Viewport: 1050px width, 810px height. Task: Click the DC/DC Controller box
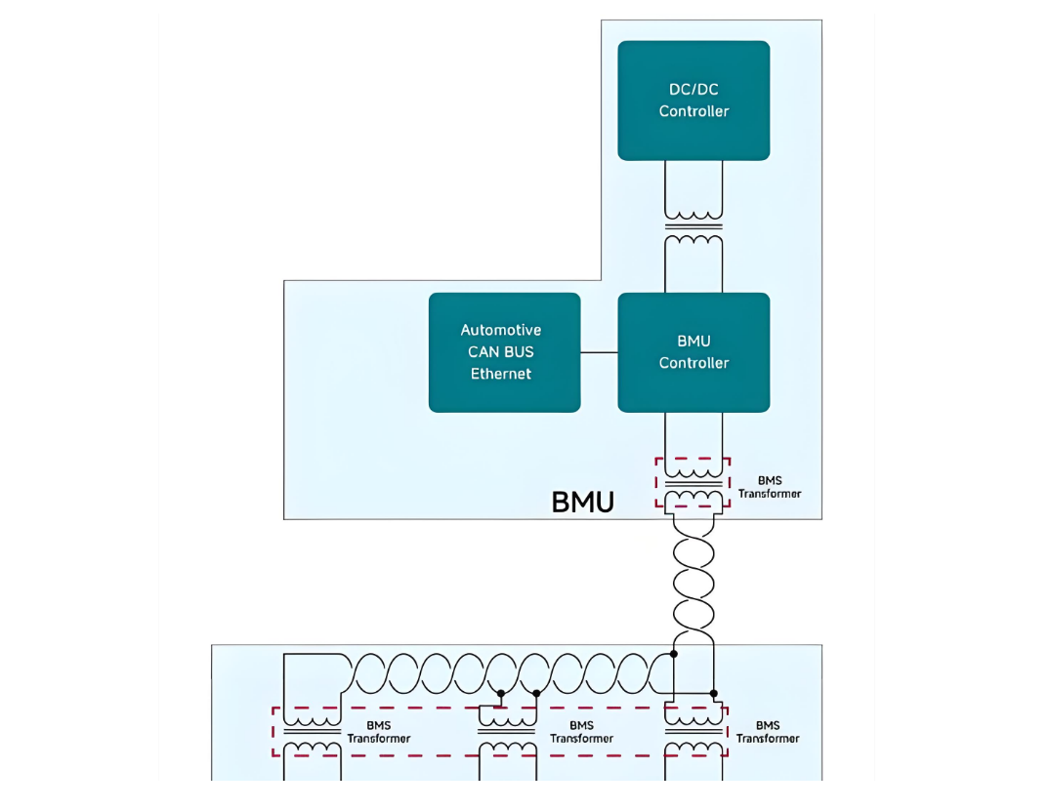693,101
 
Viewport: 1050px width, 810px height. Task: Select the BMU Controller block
693,352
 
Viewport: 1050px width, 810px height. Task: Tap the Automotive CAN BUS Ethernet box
504,352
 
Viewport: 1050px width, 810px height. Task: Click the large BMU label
582,503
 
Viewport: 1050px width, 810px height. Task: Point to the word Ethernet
501,373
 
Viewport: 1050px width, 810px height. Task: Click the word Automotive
501,330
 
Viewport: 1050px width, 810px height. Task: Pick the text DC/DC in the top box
693,89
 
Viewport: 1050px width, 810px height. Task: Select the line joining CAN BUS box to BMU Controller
599,352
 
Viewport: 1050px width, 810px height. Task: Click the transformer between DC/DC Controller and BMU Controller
693,227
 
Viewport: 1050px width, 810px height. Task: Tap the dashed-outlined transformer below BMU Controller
693,483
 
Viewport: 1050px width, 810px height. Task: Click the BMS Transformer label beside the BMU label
770,487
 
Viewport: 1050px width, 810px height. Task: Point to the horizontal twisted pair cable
510,673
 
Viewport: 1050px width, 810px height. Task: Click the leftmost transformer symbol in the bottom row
312,732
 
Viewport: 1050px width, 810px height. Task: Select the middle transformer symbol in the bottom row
508,732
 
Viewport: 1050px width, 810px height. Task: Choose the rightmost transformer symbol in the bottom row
693,732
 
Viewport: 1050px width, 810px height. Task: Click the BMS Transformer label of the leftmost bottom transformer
378,732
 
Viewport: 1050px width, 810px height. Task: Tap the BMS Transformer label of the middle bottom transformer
581,732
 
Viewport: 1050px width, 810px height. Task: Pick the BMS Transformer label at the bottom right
768,732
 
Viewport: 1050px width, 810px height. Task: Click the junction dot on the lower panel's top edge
674,654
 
